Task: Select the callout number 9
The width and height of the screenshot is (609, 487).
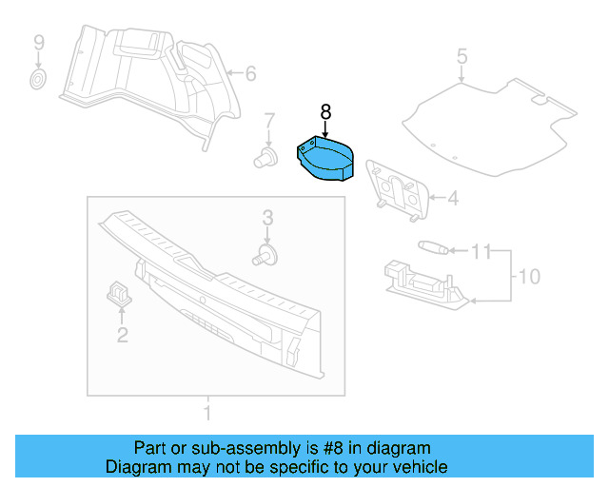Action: pos(39,42)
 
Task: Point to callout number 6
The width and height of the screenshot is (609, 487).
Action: pos(251,73)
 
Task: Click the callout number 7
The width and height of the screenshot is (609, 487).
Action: pos(268,121)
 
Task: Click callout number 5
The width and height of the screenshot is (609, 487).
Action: pos(462,56)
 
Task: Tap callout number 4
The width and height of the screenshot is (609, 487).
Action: pos(453,199)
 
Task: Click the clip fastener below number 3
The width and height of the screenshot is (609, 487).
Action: pos(267,253)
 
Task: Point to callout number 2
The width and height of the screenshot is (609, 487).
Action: pos(122,334)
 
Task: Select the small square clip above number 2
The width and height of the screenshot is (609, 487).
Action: pos(118,292)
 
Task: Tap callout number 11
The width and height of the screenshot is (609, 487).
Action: pos(482,252)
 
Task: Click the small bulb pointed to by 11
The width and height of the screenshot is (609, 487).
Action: pos(432,247)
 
